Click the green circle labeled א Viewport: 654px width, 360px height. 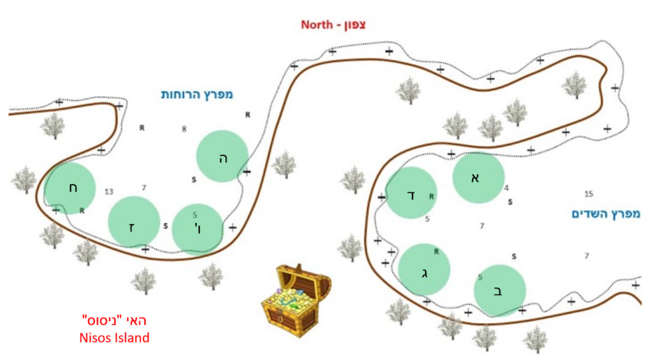(478, 177)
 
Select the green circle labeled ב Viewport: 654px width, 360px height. (499, 291)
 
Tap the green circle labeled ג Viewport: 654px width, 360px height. (424, 269)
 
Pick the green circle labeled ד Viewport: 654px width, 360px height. (411, 193)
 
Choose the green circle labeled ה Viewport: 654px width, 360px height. (222, 156)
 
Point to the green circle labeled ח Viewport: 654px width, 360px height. (70, 188)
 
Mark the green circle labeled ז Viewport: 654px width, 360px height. (134, 222)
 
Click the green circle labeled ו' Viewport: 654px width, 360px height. (197, 229)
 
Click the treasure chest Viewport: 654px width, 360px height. (296, 299)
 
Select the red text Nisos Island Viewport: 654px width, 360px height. (114, 338)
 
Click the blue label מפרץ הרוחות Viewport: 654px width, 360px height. (197, 94)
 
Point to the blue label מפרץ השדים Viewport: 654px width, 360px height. (605, 214)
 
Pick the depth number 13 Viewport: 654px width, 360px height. (109, 191)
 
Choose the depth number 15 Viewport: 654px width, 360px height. (588, 194)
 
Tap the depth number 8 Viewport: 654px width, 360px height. (184, 129)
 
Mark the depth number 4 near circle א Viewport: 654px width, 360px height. (506, 188)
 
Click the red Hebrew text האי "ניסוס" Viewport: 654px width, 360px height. (114, 321)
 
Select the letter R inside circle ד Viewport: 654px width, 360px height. (431, 196)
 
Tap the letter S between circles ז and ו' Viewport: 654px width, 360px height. (165, 226)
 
